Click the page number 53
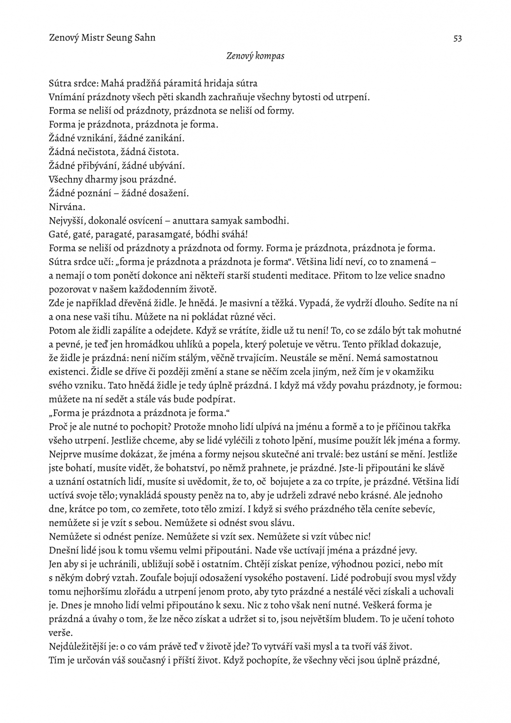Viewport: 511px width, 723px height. [457, 38]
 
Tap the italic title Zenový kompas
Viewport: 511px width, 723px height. [255, 56]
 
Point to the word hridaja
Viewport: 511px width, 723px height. [219, 84]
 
